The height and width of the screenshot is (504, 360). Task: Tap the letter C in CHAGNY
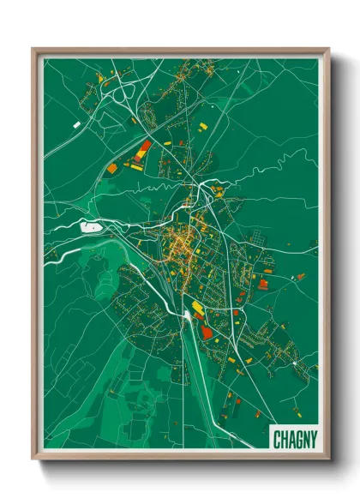276,439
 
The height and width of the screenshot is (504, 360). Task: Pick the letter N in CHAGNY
303,439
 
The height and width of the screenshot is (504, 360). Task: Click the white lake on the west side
90,227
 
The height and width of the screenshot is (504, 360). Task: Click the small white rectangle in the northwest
76,125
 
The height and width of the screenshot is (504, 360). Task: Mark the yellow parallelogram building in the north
203,126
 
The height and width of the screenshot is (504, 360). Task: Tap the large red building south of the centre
208,332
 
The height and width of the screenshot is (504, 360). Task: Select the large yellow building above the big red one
198,306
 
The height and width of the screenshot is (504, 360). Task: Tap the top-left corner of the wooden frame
33,50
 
